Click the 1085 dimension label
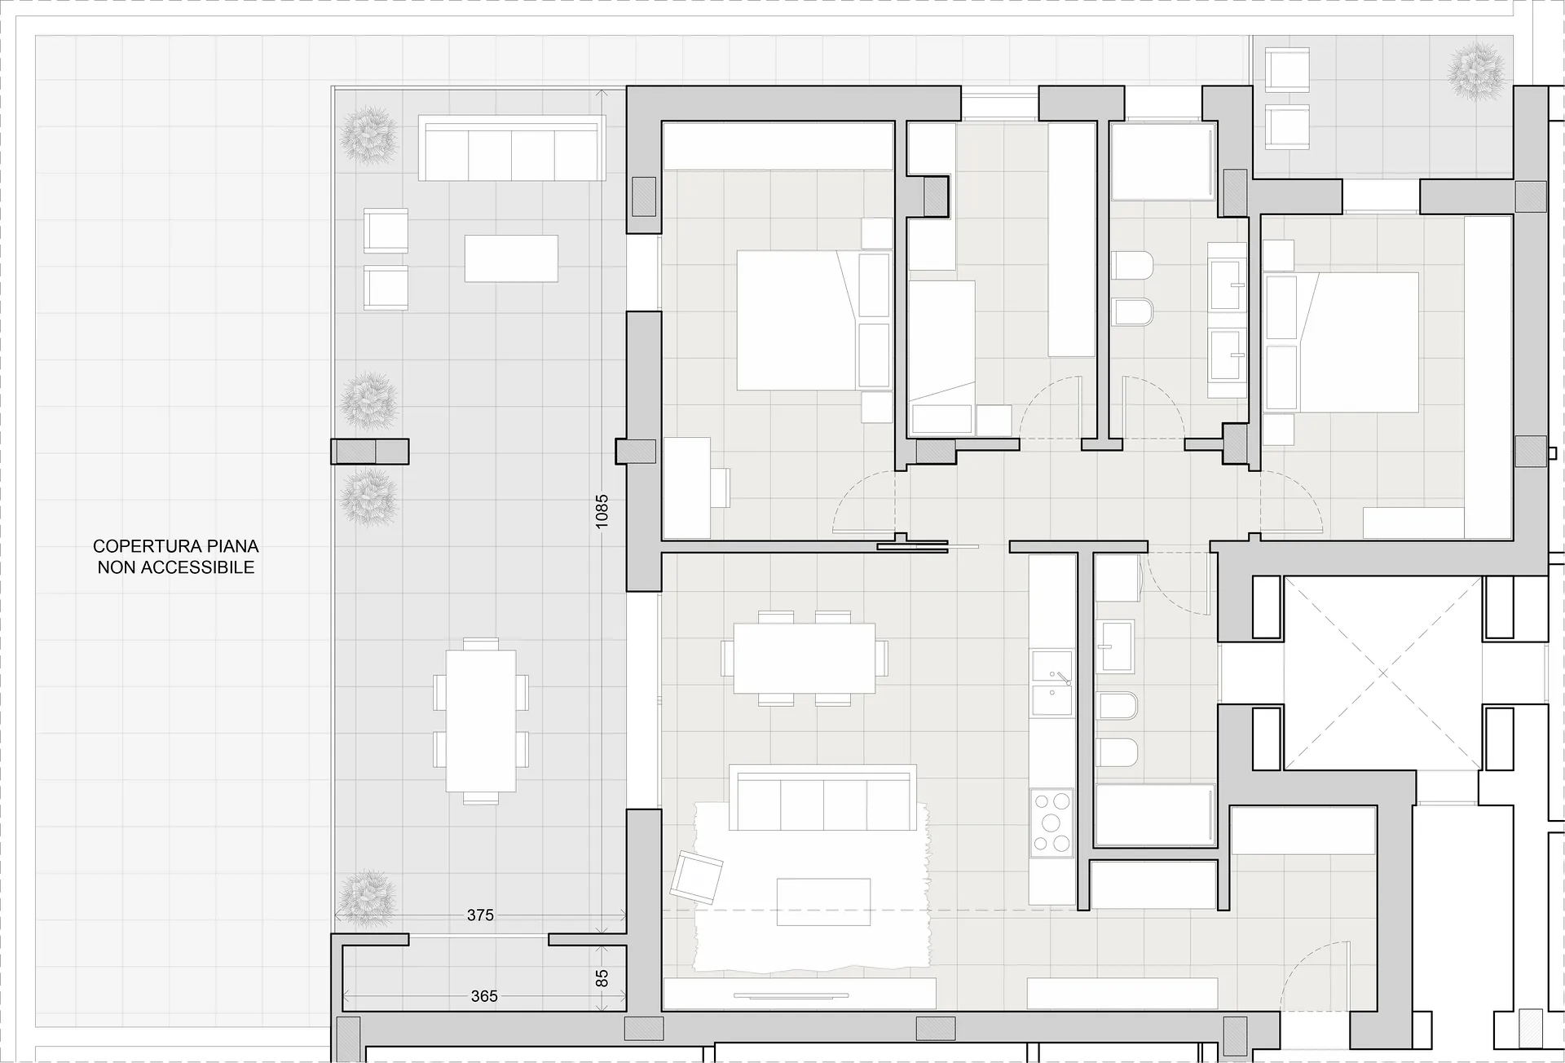[x=602, y=511]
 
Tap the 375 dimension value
[x=480, y=915]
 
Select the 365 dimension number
[x=484, y=996]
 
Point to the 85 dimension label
[x=602, y=977]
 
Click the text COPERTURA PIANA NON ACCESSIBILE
[x=176, y=557]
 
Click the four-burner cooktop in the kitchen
[x=1051, y=823]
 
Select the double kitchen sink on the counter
[x=1051, y=683]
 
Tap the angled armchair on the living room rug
[x=696, y=876]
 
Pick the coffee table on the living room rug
[x=823, y=902]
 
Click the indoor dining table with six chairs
[x=804, y=658]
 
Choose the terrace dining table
[x=481, y=721]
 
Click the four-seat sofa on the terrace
[x=512, y=148]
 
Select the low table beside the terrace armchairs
[x=511, y=258]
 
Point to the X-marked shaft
[x=1382, y=673]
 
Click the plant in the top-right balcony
[x=1476, y=73]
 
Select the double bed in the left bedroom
[x=813, y=320]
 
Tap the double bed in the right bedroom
[x=1341, y=342]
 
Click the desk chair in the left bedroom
[x=720, y=487]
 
